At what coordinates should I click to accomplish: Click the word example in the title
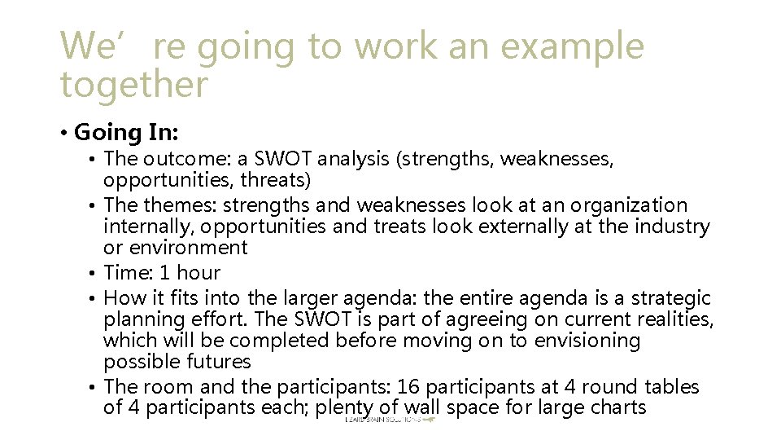pyautogui.click(x=572, y=46)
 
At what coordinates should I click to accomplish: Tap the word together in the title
pyautogui.click(x=134, y=84)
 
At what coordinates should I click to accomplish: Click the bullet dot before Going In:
pyautogui.click(x=63, y=132)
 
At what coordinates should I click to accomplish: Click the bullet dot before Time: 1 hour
pyautogui.click(x=95, y=273)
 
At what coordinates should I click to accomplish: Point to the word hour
pyautogui.click(x=199, y=272)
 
